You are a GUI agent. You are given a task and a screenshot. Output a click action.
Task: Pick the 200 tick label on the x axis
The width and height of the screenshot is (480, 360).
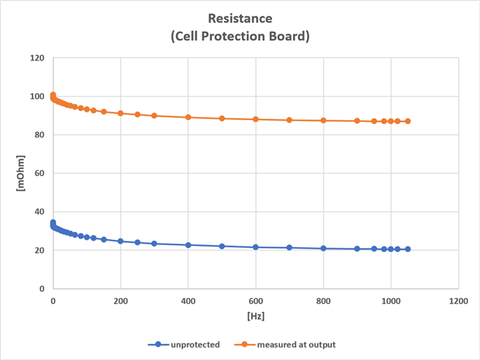pyautogui.click(x=120, y=300)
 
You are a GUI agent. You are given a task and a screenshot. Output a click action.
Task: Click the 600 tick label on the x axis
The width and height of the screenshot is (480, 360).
pyautogui.click(x=256, y=300)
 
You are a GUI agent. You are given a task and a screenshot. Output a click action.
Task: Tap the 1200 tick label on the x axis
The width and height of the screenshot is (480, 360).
pyautogui.click(x=458, y=300)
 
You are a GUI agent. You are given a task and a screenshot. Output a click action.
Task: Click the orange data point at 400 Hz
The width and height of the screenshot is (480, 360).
pyautogui.click(x=188, y=117)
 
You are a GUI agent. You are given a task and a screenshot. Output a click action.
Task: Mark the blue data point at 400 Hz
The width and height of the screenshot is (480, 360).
pyautogui.click(x=188, y=244)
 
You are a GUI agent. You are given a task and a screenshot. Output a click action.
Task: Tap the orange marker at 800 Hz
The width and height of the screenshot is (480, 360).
pyautogui.click(x=323, y=120)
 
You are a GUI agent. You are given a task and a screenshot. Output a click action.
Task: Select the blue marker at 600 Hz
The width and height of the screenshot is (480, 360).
pyautogui.click(x=256, y=247)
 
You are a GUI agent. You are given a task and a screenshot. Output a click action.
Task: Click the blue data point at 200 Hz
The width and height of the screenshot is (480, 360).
pyautogui.click(x=120, y=241)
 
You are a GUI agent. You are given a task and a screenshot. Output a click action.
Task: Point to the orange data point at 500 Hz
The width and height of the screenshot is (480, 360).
pyautogui.click(x=222, y=119)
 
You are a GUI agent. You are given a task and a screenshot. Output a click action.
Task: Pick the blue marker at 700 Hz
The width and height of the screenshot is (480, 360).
pyautogui.click(x=289, y=247)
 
